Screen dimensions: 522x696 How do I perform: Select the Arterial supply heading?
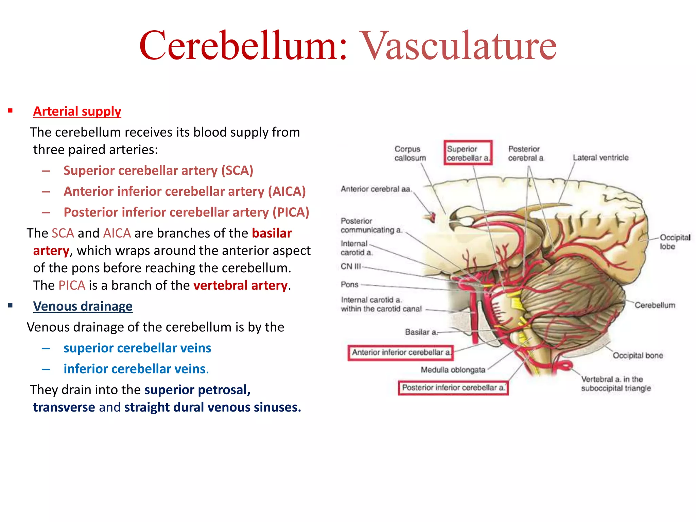click(x=77, y=111)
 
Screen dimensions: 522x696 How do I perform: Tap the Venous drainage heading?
click(x=83, y=306)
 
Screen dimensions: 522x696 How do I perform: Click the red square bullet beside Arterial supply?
click(x=11, y=111)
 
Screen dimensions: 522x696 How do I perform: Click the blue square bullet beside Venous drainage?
click(x=11, y=306)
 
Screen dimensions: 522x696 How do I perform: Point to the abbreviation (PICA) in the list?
click(x=291, y=212)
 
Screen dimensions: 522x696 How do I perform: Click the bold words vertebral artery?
click(x=240, y=285)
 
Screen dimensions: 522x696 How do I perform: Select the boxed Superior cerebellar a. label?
click(x=468, y=153)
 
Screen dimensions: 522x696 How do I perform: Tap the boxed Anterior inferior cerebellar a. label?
click(x=401, y=352)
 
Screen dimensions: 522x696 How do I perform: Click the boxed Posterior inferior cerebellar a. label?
click(x=453, y=388)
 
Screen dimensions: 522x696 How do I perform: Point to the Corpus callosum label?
click(x=410, y=153)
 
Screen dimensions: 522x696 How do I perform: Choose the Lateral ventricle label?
click(x=601, y=158)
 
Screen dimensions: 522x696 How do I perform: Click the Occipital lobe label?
click(x=674, y=242)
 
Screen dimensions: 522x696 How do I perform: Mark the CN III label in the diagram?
click(x=350, y=266)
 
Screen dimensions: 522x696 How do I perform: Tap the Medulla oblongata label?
click(x=453, y=370)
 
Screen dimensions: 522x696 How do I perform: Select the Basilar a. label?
click(x=421, y=332)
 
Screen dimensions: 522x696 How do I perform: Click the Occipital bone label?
click(x=638, y=355)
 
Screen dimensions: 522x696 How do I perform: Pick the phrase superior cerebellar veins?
click(x=137, y=348)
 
